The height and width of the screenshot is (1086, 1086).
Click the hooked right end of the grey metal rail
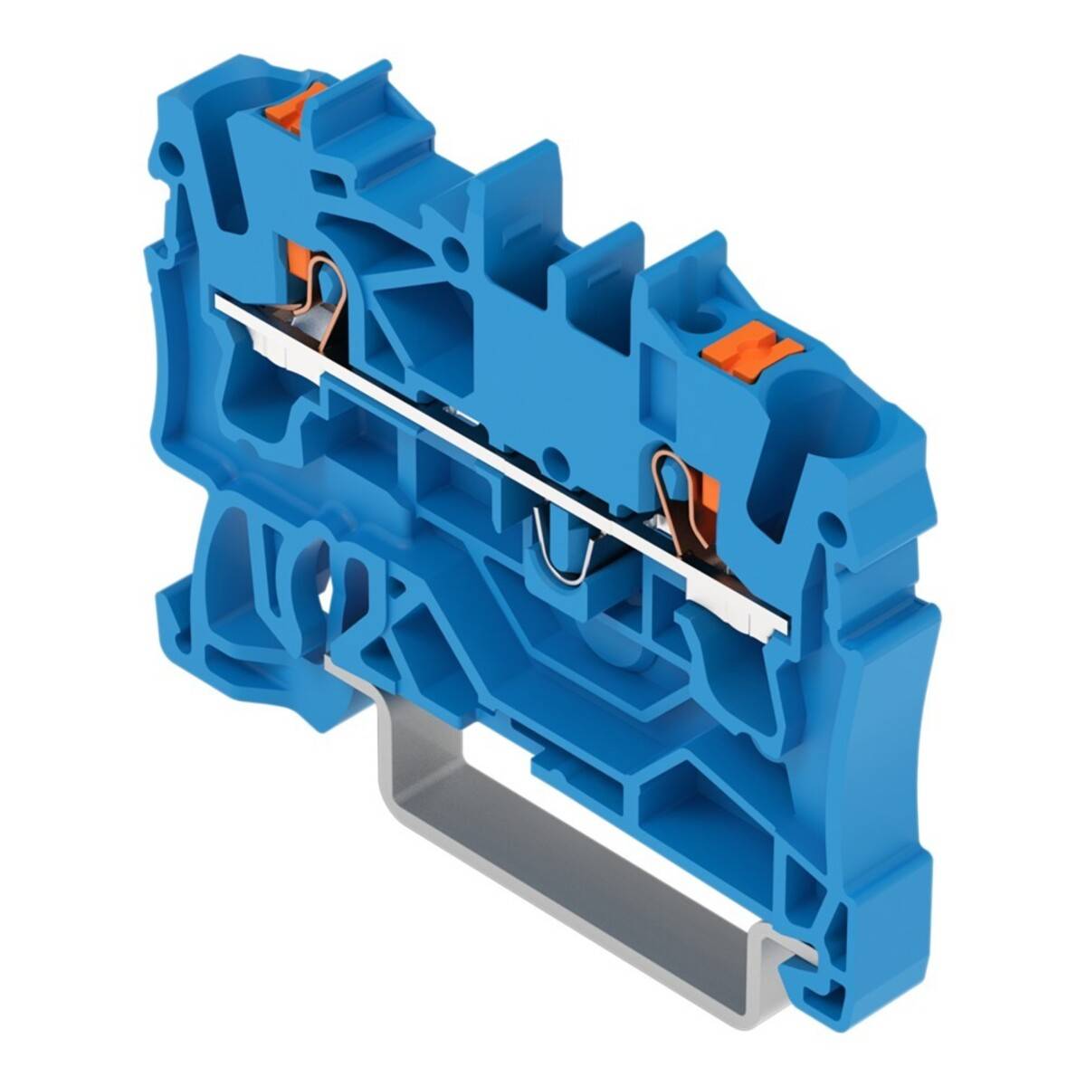[801, 950]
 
